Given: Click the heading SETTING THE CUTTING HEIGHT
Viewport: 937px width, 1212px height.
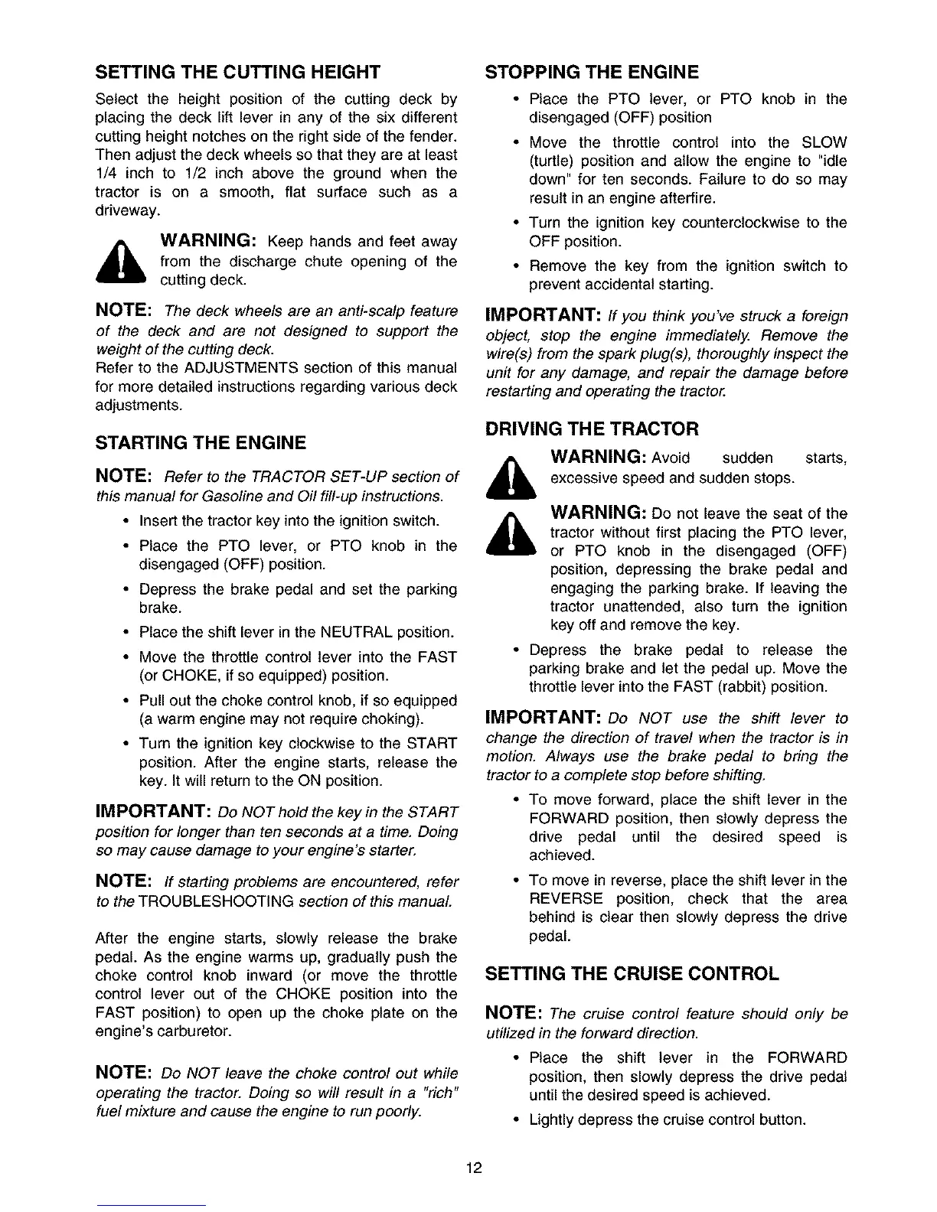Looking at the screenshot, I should [x=237, y=73].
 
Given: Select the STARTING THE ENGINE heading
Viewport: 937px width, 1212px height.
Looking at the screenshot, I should [x=201, y=443].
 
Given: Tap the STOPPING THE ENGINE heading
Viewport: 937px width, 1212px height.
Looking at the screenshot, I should [x=593, y=73].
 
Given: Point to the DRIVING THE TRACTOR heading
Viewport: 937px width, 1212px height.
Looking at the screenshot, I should [x=593, y=428].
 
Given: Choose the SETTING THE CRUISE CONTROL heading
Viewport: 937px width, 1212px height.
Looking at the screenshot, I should [x=632, y=974].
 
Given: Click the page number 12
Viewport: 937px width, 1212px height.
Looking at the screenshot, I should [x=474, y=1168].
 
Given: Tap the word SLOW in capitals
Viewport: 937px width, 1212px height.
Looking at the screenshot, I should [x=824, y=143].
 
